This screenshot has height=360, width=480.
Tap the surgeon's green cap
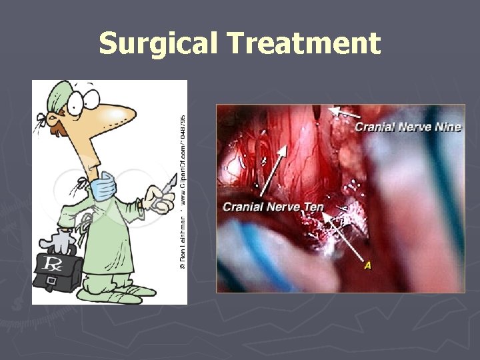point(59,93)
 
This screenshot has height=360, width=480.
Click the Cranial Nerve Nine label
point(407,127)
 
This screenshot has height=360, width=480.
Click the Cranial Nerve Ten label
point(273,207)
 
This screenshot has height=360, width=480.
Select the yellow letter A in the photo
point(367,266)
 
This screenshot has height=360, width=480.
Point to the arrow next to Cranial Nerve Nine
point(343,115)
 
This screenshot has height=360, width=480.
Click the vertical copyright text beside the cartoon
point(182,190)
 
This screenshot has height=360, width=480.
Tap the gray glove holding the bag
point(63,238)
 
